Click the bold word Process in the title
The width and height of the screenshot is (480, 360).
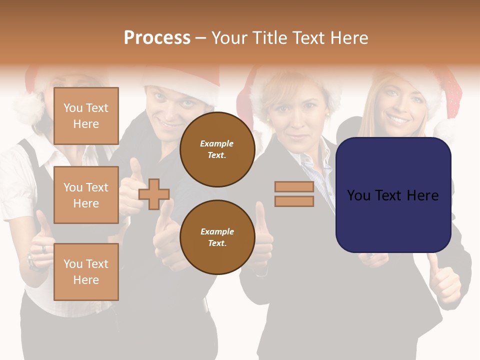pyautogui.click(x=157, y=38)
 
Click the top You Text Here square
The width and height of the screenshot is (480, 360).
pyautogui.click(x=86, y=116)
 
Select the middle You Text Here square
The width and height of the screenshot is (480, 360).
pyautogui.click(x=86, y=195)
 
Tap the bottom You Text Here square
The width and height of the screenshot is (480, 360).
pyautogui.click(x=86, y=272)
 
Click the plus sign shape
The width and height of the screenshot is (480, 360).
pyautogui.click(x=154, y=194)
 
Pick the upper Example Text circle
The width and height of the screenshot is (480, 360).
pyautogui.click(x=217, y=149)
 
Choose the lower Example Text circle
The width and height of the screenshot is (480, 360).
pyautogui.click(x=217, y=237)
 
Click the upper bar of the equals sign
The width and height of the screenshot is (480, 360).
pyautogui.click(x=294, y=187)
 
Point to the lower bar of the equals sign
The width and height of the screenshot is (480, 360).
pyautogui.click(x=294, y=201)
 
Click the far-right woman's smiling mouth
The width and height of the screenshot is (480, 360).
pyautogui.click(x=399, y=120)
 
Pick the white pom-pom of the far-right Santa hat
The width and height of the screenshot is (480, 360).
pyautogui.click(x=448, y=129)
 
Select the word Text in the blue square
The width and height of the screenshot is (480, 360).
pyautogui.click(x=393, y=195)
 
